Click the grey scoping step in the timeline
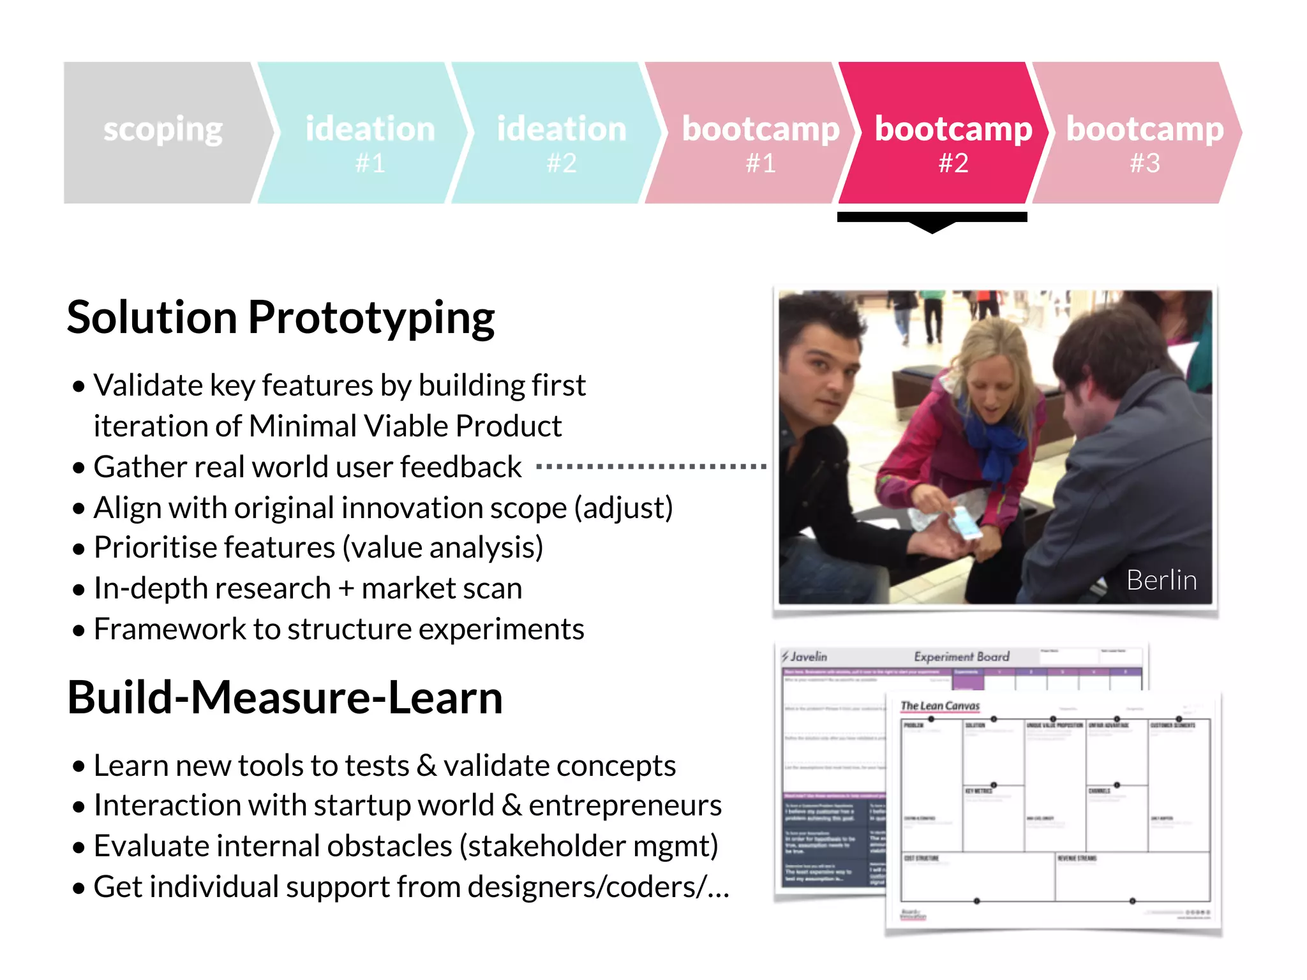click(x=163, y=132)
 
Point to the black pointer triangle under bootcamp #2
click(x=932, y=226)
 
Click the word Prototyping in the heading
click(x=371, y=318)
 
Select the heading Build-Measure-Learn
click(x=285, y=697)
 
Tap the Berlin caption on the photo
click(x=1161, y=580)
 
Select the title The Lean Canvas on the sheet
click(x=939, y=706)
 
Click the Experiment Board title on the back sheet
click(x=961, y=657)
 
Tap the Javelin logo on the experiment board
click(x=805, y=657)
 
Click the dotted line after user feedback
click(x=651, y=467)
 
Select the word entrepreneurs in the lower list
click(x=625, y=806)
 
